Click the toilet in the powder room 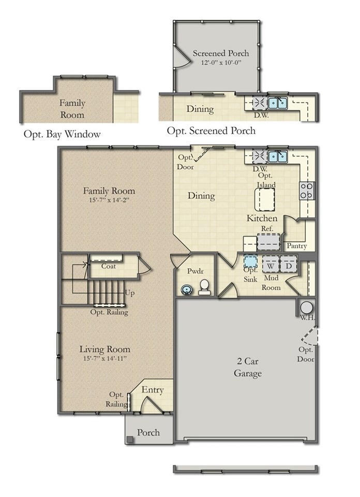205,286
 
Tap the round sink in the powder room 186,289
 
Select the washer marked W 270,265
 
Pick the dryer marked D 289,265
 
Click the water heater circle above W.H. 306,307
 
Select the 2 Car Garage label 247,368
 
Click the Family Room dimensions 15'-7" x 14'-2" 109,200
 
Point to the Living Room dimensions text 105,358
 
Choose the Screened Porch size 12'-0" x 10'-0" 221,62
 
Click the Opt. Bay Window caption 62,134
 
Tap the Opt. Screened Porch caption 211,131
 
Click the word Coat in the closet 108,266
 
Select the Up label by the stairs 130,293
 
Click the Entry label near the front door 153,390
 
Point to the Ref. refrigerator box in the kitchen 268,241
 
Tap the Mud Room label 271,283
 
